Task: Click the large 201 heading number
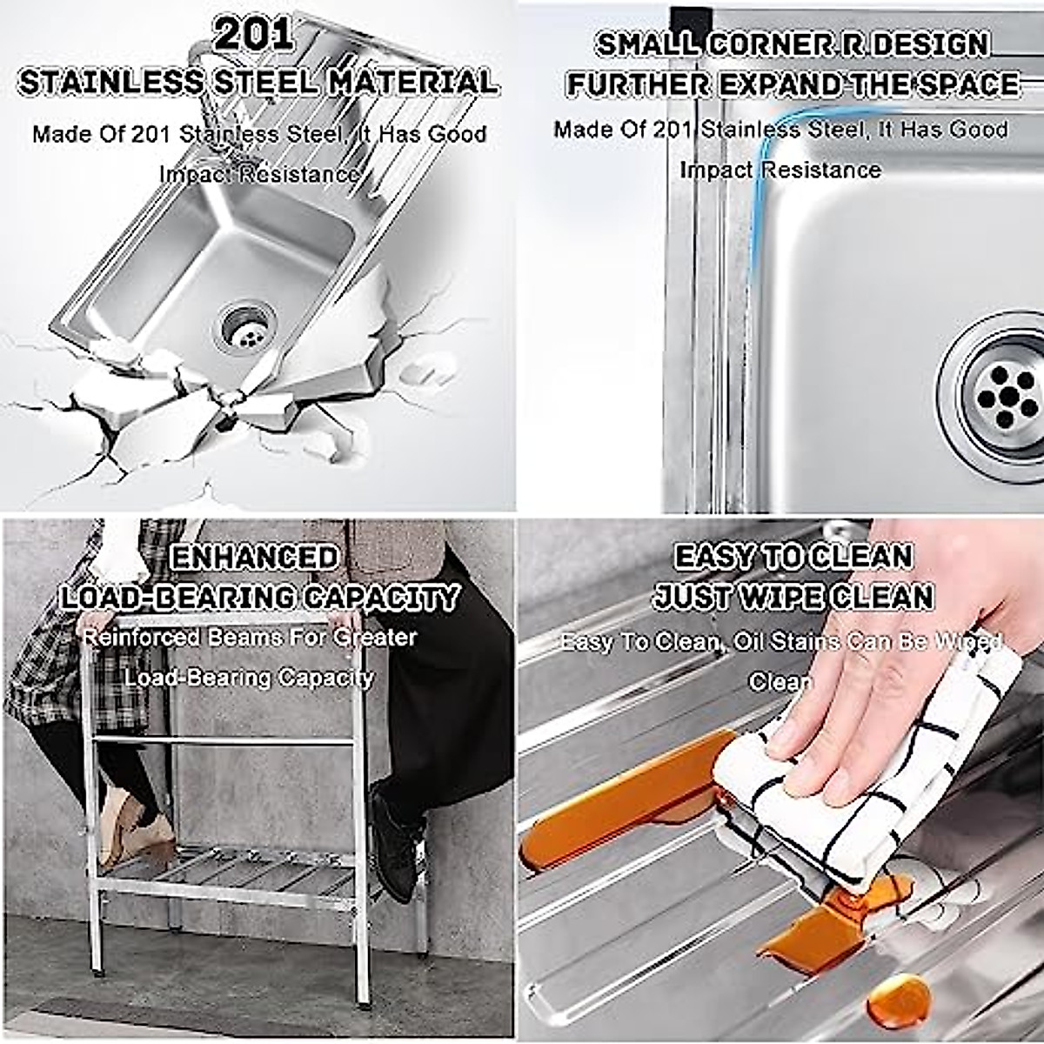point(253,36)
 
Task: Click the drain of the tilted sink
point(247,325)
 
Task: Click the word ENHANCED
point(254,558)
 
